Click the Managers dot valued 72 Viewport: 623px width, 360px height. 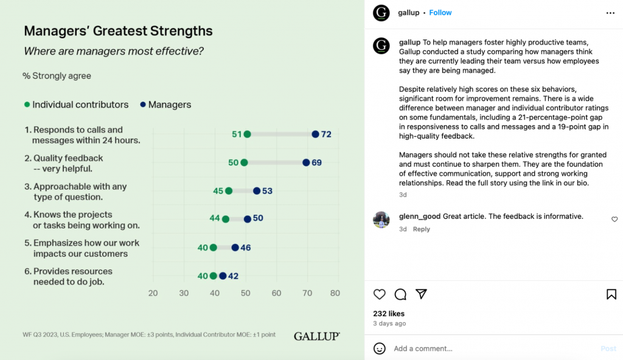[x=315, y=134]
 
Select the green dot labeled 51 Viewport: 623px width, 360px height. [x=247, y=134]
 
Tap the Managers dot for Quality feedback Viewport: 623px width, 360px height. [x=306, y=162]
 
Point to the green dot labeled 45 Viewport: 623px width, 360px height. [x=229, y=191]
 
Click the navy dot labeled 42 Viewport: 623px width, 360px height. [x=223, y=276]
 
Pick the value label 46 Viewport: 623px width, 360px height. [x=245, y=247]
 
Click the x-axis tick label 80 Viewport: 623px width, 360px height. [x=335, y=293]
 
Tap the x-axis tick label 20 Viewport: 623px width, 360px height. [x=153, y=293]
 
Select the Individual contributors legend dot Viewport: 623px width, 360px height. [x=27, y=105]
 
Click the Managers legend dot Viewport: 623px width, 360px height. [x=142, y=105]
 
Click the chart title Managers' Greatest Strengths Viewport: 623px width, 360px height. [x=118, y=31]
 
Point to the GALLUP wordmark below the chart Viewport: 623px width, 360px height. [x=316, y=336]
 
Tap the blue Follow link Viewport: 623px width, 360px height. [x=440, y=13]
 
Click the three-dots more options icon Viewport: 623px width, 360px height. [x=610, y=13]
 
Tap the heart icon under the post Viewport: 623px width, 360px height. [x=380, y=294]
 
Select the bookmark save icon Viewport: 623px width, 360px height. [x=611, y=294]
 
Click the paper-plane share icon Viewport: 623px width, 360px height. [x=421, y=294]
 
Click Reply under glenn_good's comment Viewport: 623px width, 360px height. [x=422, y=229]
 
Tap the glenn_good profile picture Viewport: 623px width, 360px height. [x=381, y=220]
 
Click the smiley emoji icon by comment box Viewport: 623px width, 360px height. [x=380, y=348]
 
